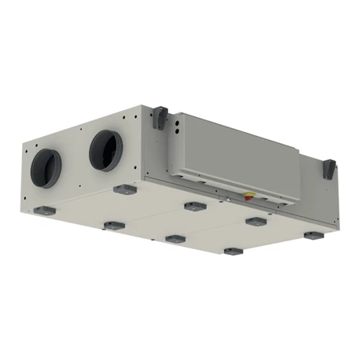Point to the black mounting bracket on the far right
click(x=329, y=168)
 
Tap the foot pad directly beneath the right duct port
click(x=123, y=189)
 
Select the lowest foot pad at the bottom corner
click(x=233, y=252)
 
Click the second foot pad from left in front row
click(x=113, y=226)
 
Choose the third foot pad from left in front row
click(x=174, y=238)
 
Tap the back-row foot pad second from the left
click(x=190, y=206)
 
